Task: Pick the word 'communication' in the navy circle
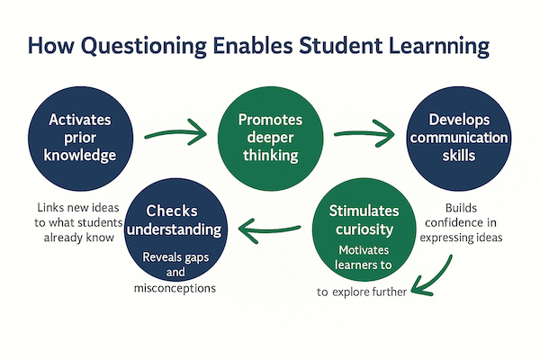point(461,138)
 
